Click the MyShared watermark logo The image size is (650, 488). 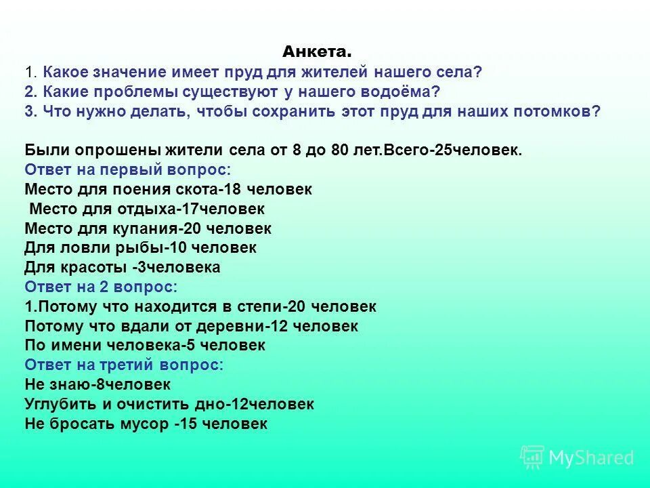pyautogui.click(x=578, y=457)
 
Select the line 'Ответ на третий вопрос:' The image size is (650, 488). pyautogui.click(x=123, y=365)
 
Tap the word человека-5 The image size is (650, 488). pyautogui.click(x=150, y=346)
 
